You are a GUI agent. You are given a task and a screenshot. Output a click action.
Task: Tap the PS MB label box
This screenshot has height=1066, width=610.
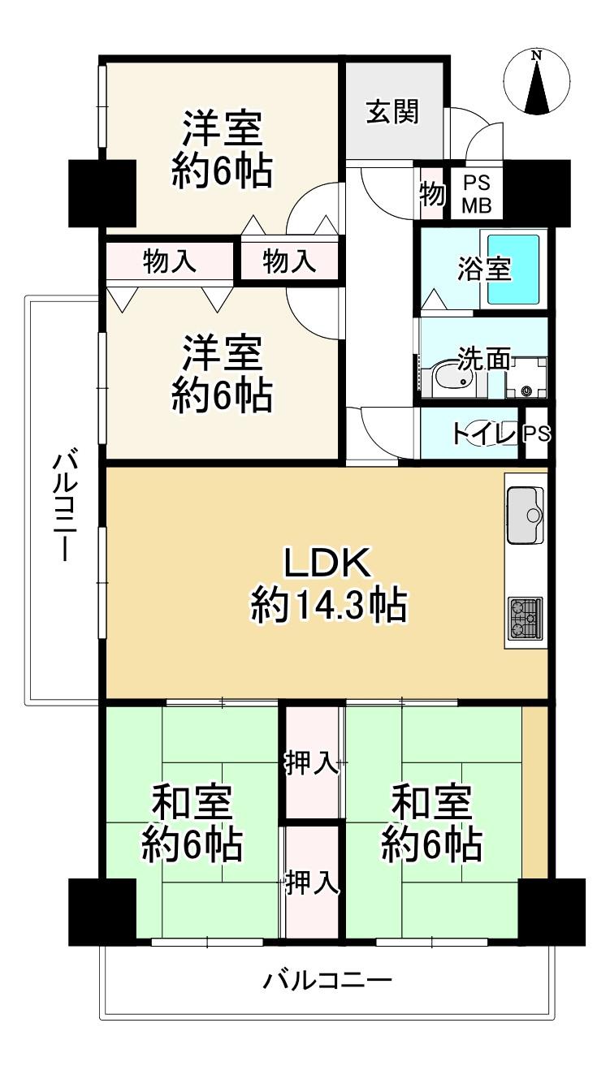pyautogui.click(x=476, y=194)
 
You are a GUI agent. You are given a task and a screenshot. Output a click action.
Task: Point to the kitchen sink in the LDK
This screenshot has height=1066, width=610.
pyautogui.click(x=525, y=515)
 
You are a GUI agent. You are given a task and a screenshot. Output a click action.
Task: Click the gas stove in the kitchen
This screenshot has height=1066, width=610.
pyautogui.click(x=526, y=619)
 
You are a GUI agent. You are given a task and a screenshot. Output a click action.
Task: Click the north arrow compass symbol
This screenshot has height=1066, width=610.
pyautogui.click(x=537, y=82)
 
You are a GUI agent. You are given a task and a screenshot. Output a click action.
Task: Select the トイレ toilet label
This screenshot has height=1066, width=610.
pyautogui.click(x=483, y=434)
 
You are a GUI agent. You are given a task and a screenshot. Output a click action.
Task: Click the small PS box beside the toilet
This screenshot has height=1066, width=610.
pyautogui.click(x=537, y=433)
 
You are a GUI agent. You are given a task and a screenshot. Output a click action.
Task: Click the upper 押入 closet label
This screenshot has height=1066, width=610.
pyautogui.click(x=312, y=764)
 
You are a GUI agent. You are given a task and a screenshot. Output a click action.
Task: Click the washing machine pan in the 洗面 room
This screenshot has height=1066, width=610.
pyautogui.click(x=526, y=378)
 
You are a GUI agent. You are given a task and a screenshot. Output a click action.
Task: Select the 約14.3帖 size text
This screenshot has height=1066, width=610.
pyautogui.click(x=329, y=605)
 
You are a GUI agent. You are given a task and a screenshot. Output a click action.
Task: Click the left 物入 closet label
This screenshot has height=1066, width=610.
pyautogui.click(x=169, y=261)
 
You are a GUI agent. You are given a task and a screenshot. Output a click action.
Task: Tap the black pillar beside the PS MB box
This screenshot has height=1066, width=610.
pyautogui.click(x=537, y=193)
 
